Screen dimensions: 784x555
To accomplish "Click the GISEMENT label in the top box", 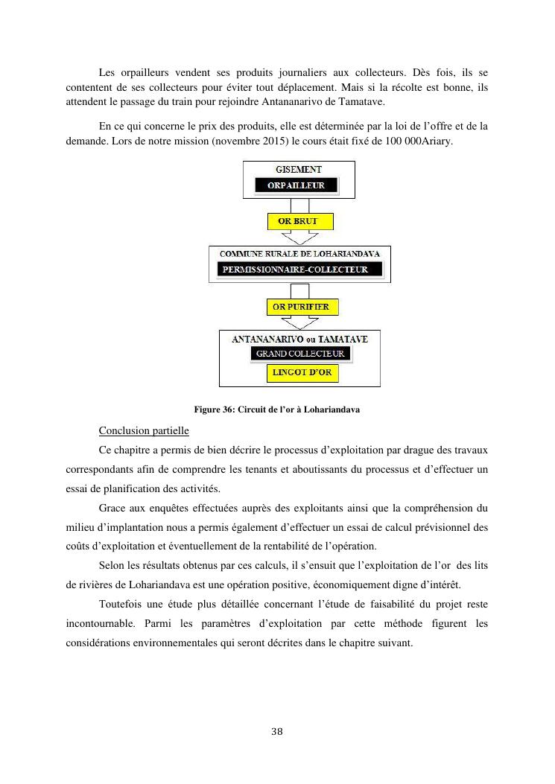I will [299, 170].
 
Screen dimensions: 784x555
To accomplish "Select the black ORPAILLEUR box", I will [296, 185].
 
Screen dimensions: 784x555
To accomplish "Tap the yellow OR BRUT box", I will [299, 222].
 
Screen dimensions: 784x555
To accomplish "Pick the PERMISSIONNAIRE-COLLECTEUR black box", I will [300, 270].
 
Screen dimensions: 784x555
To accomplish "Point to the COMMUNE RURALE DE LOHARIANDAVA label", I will [300, 255].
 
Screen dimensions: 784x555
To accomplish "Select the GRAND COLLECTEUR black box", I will [300, 354].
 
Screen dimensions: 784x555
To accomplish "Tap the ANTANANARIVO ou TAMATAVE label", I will [300, 340].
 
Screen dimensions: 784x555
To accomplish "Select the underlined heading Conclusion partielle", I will [144, 431].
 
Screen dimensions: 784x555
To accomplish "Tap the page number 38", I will [277, 731].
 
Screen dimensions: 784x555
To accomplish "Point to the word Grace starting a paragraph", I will [112, 509].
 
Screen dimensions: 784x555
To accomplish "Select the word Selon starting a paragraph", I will [111, 566].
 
